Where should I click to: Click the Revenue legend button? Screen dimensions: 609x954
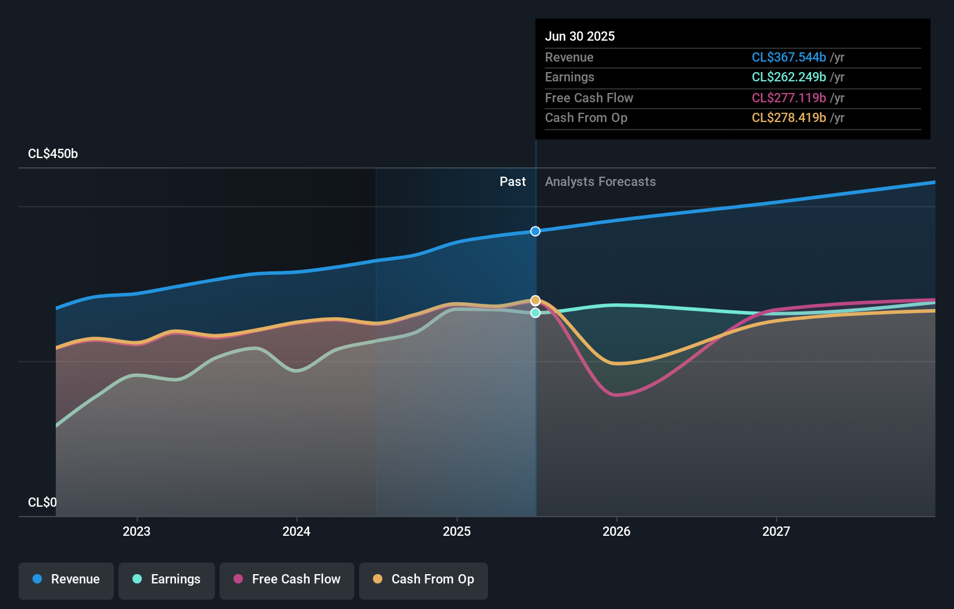(66, 580)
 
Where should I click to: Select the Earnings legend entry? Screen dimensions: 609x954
(167, 580)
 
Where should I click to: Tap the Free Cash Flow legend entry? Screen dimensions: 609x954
(287, 580)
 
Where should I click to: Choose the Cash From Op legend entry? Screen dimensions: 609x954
(424, 580)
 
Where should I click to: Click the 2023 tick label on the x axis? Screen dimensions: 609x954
(137, 532)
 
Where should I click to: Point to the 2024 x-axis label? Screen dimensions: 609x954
(296, 532)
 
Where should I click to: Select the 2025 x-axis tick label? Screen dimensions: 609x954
(457, 532)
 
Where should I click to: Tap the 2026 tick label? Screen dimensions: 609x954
(616, 532)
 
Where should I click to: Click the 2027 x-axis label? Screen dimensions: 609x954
(776, 532)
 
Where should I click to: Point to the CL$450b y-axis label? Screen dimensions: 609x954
(53, 154)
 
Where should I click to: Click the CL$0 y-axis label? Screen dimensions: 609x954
(42, 503)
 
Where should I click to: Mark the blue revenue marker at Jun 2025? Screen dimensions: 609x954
(536, 231)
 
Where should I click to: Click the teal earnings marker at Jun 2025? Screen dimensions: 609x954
(536, 313)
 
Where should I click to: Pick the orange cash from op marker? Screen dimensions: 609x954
(536, 300)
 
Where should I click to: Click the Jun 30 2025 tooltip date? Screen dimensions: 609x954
(580, 37)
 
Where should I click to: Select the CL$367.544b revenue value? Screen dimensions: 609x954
(788, 58)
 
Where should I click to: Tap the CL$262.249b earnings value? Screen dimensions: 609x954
(788, 77)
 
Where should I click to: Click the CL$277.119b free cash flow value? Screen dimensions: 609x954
(788, 98)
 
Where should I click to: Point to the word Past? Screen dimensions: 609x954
(512, 182)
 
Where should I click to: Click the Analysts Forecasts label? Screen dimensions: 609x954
(600, 182)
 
